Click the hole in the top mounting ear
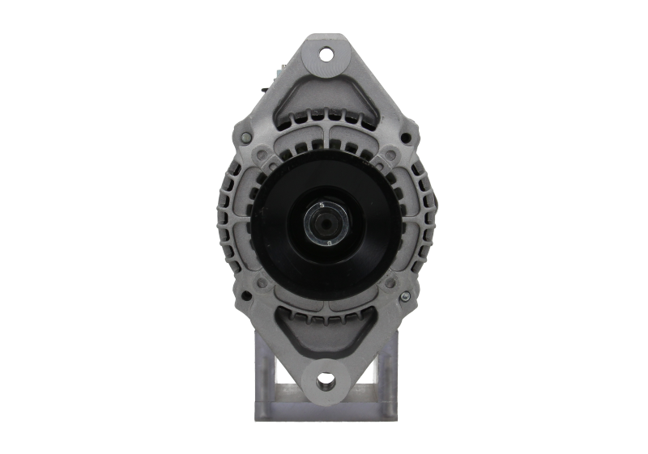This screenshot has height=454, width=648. [x=326, y=56]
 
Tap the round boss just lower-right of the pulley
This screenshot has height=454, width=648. [x=390, y=283]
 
